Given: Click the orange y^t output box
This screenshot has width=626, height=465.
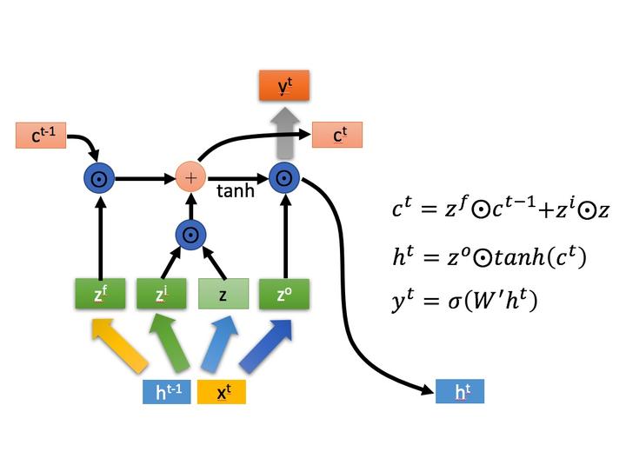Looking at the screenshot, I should pos(283,86).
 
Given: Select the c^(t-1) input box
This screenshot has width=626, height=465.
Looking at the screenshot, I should pos(41,136).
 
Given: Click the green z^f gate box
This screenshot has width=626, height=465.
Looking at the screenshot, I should pos(101,295).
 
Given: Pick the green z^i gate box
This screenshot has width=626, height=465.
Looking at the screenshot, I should pos(162,295).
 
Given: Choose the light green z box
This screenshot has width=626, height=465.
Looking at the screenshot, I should pos(223,295).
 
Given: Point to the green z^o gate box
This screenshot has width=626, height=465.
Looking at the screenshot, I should pos(283,295).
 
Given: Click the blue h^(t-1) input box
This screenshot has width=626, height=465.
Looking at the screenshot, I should pos(167,392).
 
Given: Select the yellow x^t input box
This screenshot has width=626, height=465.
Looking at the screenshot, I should pos(222,392).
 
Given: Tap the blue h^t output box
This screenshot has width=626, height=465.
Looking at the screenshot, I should pos(459,391).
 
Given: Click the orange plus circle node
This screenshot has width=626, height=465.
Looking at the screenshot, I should pos(190,178).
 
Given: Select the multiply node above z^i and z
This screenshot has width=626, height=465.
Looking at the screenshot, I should pos(190,234).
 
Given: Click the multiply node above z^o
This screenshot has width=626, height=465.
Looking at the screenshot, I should pos(283,178).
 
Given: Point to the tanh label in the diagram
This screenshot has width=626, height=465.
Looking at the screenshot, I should pos(235,191).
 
